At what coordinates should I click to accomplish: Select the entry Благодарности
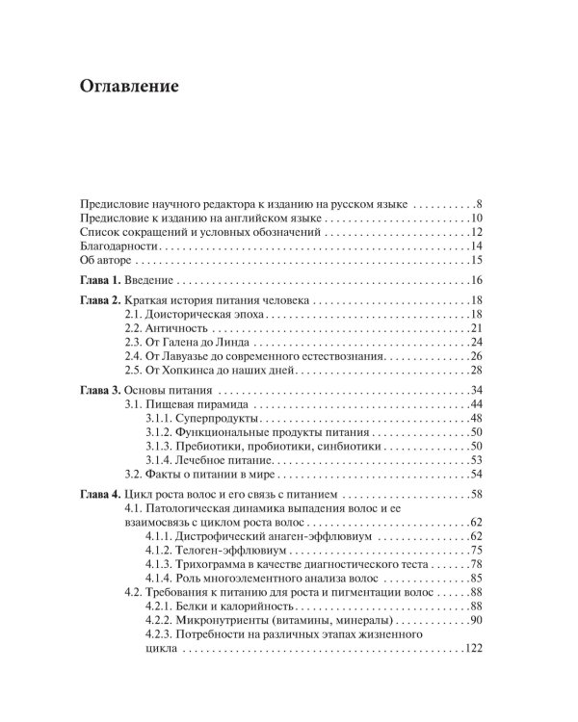pyautogui.click(x=112, y=246)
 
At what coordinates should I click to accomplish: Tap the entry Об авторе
pyautogui.click(x=101, y=261)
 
